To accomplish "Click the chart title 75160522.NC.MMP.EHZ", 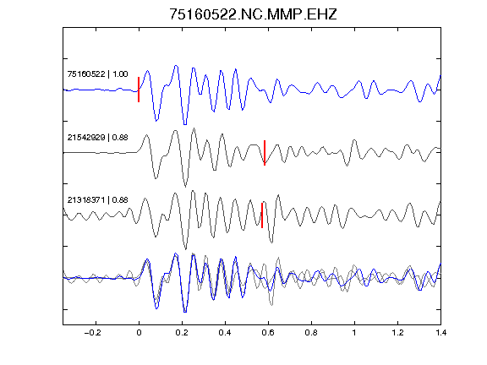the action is pos(253,14).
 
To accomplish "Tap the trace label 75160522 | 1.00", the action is pos(97,74).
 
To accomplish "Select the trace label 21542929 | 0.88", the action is pos(97,138).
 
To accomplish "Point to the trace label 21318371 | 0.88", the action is pos(97,200).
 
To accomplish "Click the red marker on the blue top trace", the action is pos(139,90).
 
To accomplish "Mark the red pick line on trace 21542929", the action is pos(265,153).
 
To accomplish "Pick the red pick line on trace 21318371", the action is pos(262,215).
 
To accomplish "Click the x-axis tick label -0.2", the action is pos(93,333).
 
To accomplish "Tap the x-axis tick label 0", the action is pos(139,333).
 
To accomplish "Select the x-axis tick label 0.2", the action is pos(182,333).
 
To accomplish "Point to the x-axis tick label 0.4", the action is pos(225,333).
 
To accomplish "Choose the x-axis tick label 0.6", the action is pos(268,333).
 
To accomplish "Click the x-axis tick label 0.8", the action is pos(311,333).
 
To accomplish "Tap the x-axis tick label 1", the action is pos(354,333).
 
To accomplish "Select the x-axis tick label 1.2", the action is pos(397,333).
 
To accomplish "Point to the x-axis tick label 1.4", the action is pos(440,333).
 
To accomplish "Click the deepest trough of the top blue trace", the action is pos(185,124).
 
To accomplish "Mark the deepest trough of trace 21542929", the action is pos(185,187).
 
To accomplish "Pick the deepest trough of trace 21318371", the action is pos(186,249).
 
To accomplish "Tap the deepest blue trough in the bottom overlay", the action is pos(185,312).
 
